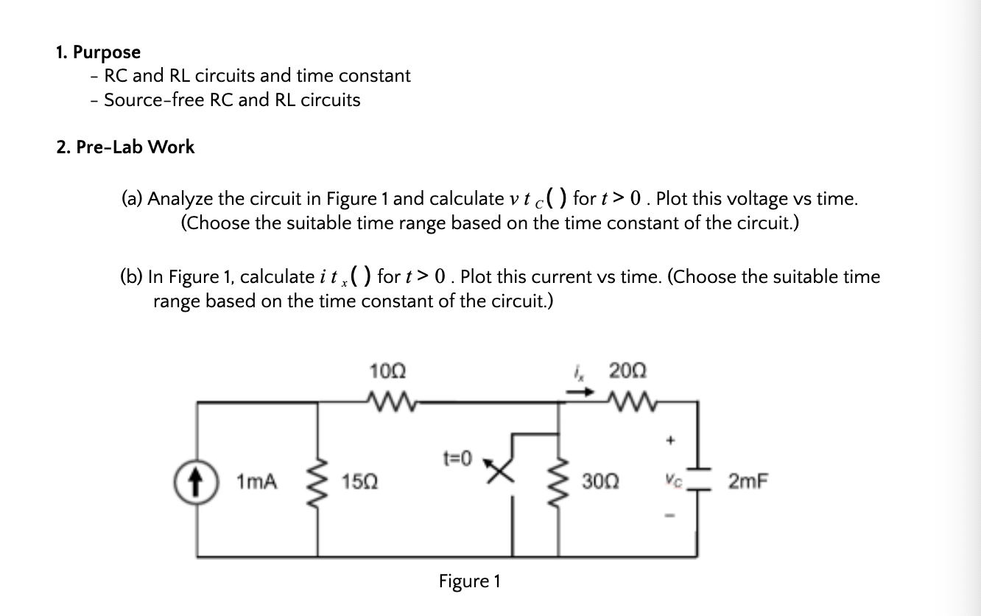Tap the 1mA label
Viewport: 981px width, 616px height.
pos(257,483)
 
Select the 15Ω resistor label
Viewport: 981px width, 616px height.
pos(359,483)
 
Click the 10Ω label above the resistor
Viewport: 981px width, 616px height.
pos(387,370)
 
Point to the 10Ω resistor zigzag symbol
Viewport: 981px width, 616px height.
pos(387,402)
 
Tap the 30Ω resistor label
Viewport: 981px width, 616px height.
pos(599,483)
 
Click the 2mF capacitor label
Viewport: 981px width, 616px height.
pos(748,483)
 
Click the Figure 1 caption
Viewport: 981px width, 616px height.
pos(469,581)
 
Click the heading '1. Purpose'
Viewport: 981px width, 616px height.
pos(98,52)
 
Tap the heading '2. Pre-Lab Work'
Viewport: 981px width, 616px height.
pos(125,147)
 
